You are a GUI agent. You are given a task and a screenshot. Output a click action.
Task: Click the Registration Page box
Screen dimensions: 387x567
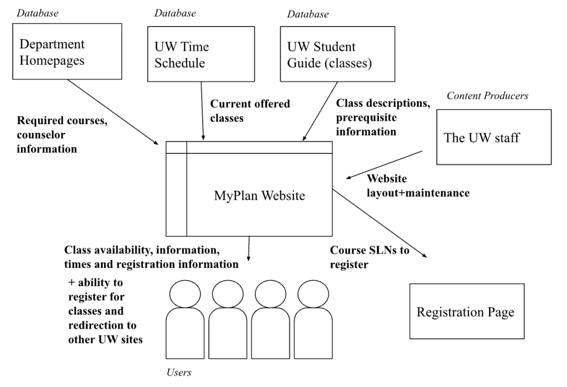coord(466,312)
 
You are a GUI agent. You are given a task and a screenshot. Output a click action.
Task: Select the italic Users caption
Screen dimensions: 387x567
coord(179,372)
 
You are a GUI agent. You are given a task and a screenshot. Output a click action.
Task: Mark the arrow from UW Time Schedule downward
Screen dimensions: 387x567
coord(203,111)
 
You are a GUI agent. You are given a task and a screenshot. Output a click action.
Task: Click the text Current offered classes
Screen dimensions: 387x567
coord(250,110)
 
